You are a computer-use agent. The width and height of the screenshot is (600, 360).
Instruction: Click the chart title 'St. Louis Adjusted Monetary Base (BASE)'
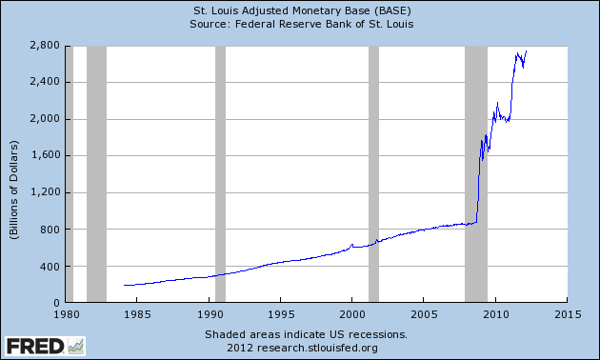pos(302,10)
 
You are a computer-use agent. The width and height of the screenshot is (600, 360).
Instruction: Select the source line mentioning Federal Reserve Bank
pos(302,24)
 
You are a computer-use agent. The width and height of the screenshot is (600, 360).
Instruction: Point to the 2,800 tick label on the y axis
pos(45,46)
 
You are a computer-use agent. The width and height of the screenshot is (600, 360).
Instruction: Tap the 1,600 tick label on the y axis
pos(45,155)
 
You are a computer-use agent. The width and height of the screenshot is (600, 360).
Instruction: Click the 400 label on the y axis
pos(50,266)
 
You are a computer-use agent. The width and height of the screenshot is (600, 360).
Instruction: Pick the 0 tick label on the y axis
pos(56,303)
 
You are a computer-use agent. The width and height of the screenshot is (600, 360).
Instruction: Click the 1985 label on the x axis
pos(137,314)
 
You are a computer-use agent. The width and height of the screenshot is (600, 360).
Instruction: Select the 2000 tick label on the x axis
pos(352,314)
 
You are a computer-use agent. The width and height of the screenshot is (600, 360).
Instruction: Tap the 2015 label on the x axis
pos(568,314)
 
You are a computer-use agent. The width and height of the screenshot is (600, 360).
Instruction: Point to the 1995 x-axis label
pos(281,314)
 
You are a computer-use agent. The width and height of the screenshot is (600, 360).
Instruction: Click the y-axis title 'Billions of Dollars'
pos(14,190)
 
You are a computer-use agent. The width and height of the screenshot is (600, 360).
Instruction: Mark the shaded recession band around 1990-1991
pos(220,173)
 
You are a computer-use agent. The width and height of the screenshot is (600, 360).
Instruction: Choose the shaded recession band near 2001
pos(374,173)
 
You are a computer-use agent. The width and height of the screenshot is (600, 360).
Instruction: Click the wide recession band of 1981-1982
pos(96,173)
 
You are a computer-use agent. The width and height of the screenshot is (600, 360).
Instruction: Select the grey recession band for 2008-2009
pos(476,173)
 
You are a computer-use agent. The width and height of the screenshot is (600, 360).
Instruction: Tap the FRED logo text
pos(35,347)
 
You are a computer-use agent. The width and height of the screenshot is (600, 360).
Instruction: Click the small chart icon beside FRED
pos(76,347)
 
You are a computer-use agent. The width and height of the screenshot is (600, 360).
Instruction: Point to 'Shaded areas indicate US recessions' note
pos(306,334)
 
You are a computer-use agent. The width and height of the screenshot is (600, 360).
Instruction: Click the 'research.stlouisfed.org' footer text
pos(317,349)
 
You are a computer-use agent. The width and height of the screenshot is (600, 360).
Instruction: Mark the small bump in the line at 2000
pos(352,245)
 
